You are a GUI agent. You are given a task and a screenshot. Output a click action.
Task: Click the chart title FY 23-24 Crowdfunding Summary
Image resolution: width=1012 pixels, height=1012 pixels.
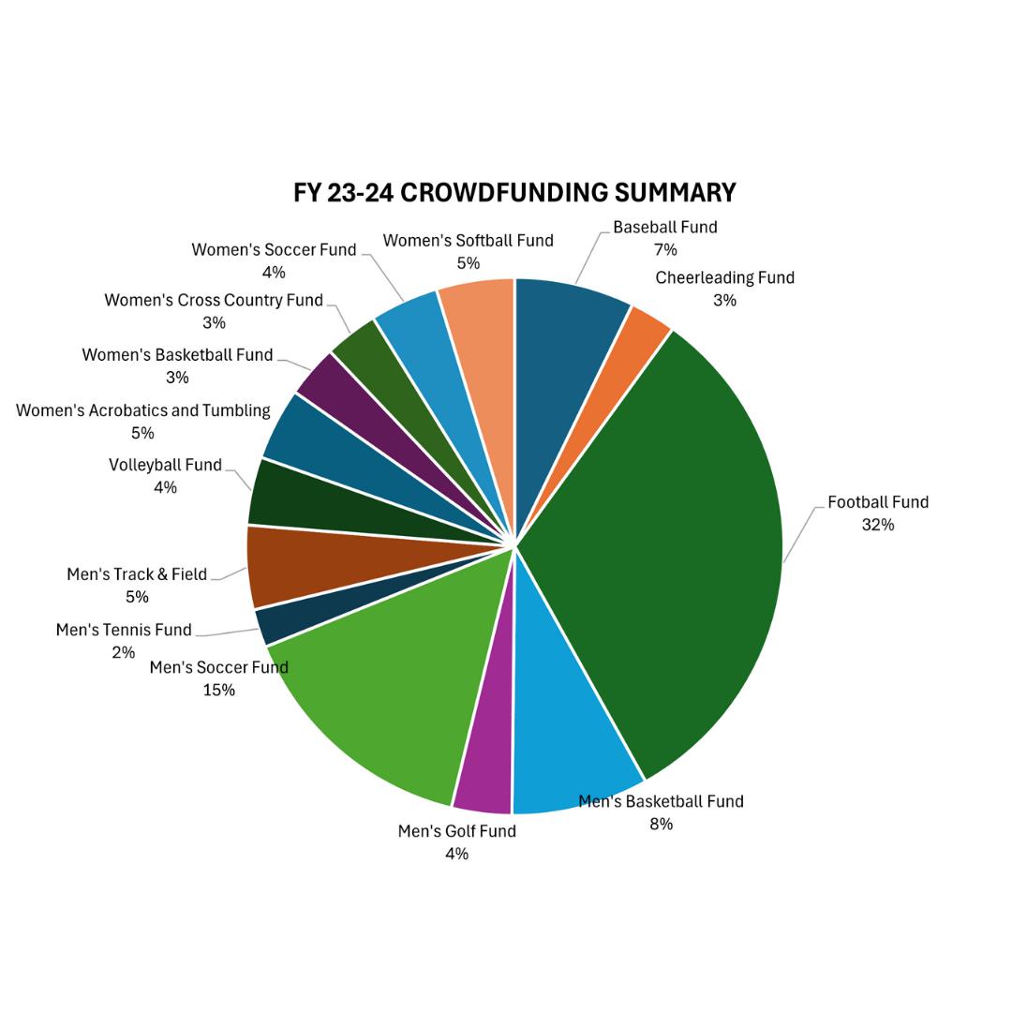(x=514, y=192)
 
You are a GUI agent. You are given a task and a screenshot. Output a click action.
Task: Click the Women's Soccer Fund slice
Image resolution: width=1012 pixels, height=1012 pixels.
(x=413, y=323)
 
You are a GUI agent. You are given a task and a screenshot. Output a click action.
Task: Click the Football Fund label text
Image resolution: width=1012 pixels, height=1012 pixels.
(x=878, y=502)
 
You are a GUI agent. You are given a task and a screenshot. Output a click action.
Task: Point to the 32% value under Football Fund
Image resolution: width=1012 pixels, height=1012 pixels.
(x=878, y=525)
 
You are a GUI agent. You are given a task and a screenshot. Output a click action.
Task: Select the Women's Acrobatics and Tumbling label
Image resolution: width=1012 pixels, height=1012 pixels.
(x=143, y=410)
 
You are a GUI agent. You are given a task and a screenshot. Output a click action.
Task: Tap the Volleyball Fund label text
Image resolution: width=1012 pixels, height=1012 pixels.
(x=165, y=465)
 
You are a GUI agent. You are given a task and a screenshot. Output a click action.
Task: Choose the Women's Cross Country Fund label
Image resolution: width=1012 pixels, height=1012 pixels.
(x=214, y=300)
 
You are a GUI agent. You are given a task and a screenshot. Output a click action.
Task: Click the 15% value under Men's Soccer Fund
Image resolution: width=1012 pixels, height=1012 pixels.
(x=218, y=690)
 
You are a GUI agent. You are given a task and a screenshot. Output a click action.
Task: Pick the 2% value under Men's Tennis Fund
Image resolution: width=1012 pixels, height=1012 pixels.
(x=123, y=652)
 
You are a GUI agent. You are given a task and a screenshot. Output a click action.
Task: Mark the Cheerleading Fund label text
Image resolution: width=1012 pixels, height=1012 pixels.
(x=724, y=277)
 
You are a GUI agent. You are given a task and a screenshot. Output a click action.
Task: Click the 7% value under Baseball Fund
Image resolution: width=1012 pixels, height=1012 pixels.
(x=665, y=249)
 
